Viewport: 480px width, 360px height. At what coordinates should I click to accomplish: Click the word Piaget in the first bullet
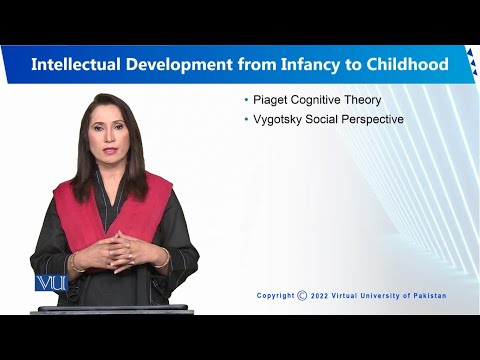coord(269,100)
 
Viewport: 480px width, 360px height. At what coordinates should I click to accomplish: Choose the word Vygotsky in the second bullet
coord(278,120)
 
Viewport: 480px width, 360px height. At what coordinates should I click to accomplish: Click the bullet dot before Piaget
coord(247,100)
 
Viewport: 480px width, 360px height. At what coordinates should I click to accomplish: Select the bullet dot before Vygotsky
coord(247,120)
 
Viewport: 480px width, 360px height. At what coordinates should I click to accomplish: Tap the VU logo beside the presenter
coord(50,283)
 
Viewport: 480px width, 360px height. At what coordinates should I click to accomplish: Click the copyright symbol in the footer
coord(302,295)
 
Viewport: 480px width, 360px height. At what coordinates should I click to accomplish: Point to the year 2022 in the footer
coord(320,295)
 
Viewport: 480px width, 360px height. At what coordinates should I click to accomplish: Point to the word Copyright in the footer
coord(275,295)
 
